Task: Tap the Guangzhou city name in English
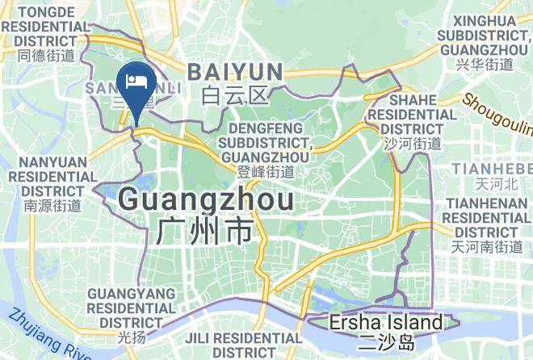pos(205,199)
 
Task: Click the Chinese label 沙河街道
pos(413,144)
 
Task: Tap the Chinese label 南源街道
pos(52,206)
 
